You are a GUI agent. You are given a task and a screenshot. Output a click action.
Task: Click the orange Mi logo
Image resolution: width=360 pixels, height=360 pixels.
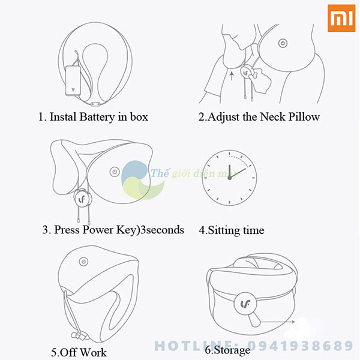tap(341, 18)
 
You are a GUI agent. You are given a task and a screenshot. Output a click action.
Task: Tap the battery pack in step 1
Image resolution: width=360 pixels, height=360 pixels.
tap(73, 80)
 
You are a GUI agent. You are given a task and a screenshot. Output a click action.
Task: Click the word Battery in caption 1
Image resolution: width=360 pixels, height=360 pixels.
tap(97, 117)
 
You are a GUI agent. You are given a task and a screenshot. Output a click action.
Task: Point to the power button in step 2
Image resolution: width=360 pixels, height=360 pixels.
tap(283, 43)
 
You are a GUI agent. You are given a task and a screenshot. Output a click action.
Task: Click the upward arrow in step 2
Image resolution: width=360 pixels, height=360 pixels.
tap(232, 76)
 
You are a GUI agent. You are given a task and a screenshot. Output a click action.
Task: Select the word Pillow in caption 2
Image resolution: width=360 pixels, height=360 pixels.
tap(304, 116)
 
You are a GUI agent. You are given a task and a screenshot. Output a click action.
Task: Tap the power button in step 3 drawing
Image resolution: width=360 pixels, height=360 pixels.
tap(115, 172)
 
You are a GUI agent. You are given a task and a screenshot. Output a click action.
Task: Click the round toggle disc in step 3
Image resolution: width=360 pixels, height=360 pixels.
tap(82, 199)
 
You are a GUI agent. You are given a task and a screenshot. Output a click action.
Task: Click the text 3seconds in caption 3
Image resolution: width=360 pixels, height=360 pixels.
tap(162, 230)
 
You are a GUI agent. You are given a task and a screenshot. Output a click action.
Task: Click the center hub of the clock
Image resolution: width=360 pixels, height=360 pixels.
tap(229, 178)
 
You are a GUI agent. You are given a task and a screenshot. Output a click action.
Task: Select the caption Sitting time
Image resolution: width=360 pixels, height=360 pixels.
tap(232, 230)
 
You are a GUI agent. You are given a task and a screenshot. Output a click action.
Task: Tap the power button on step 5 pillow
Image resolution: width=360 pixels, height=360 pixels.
tap(83, 262)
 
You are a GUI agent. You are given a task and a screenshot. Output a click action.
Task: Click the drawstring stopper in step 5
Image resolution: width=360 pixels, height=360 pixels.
tap(80, 336)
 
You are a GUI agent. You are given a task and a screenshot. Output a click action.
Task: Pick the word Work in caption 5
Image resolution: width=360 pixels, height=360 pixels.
tap(93, 352)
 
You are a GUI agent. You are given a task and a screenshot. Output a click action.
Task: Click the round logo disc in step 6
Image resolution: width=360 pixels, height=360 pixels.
tap(245, 304)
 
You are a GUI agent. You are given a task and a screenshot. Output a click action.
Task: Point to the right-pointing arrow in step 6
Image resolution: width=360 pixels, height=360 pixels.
tap(277, 322)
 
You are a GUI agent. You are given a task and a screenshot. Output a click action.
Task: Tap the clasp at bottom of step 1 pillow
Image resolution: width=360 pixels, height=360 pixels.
tap(95, 104)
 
